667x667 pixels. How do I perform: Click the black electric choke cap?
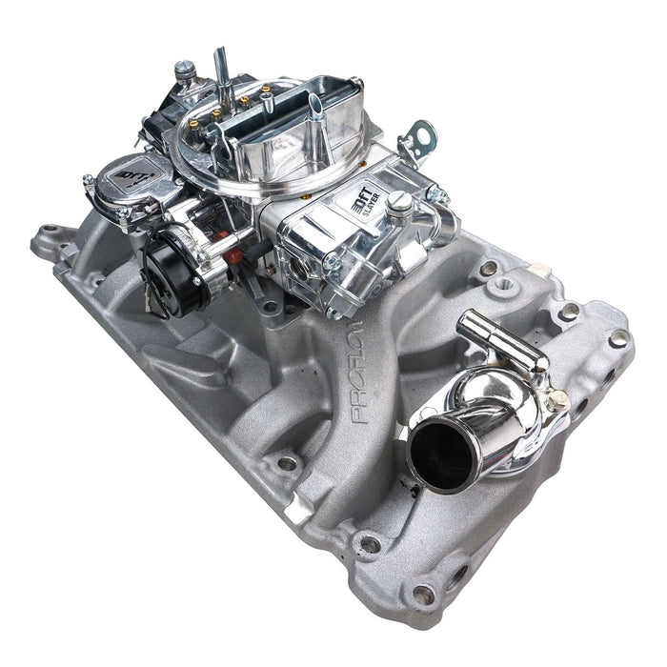(x=170, y=260)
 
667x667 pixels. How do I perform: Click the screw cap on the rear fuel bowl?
(x=185, y=69)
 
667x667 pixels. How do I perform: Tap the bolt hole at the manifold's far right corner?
(x=617, y=337)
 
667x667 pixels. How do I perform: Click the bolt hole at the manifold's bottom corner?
(x=423, y=596)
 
